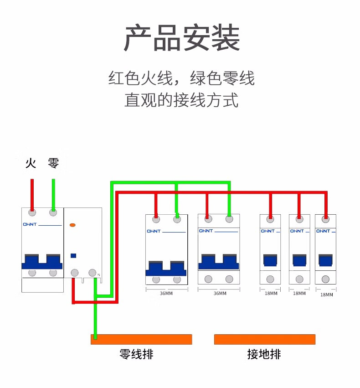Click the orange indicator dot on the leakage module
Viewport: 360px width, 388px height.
72,225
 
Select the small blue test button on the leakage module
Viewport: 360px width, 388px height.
73,256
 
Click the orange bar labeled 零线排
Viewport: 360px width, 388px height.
141,339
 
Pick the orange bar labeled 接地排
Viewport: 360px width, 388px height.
264,339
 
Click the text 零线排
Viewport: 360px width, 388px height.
136,354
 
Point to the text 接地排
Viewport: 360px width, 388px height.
264,354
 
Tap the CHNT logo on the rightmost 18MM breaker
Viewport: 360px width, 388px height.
323,231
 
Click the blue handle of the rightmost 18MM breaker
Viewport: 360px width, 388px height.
325,260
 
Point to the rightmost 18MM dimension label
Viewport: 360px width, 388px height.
327,295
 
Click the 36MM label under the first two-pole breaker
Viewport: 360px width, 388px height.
166,293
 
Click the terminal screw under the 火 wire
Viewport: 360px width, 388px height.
32,212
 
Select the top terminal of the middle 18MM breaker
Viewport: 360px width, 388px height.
299,219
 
